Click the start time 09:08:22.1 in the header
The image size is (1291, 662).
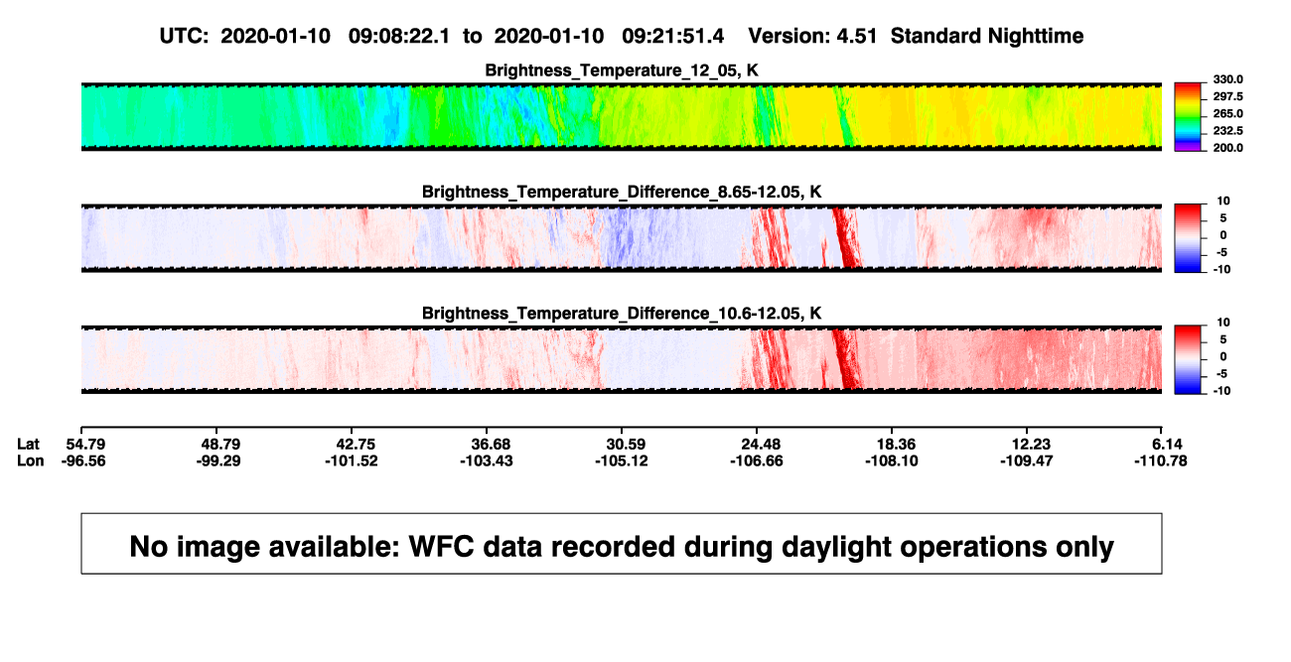tap(399, 36)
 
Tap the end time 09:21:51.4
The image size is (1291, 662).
tap(672, 36)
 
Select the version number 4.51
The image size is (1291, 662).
tap(856, 36)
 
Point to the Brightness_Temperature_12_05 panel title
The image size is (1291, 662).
tap(622, 70)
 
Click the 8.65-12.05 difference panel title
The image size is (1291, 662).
tap(622, 192)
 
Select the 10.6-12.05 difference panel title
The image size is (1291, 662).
tap(622, 314)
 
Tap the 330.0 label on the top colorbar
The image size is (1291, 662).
tap(1227, 79)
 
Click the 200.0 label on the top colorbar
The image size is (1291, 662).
tap(1227, 148)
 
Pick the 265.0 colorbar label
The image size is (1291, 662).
tap(1227, 113)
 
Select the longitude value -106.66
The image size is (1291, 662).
tap(757, 461)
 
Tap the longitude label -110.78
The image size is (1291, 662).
tap(1161, 461)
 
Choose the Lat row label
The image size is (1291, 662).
tap(28, 445)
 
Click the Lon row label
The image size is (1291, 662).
tap(30, 461)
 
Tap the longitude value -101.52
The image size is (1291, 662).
tap(352, 461)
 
